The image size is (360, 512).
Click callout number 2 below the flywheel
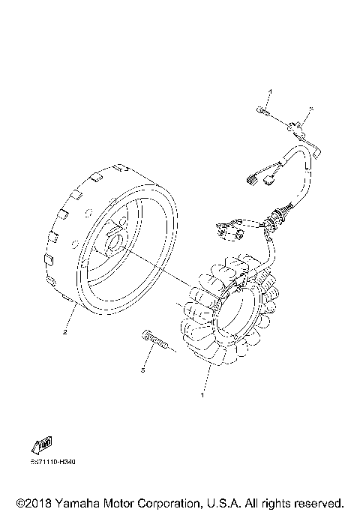click(65, 331)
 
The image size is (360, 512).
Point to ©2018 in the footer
click(31, 502)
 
